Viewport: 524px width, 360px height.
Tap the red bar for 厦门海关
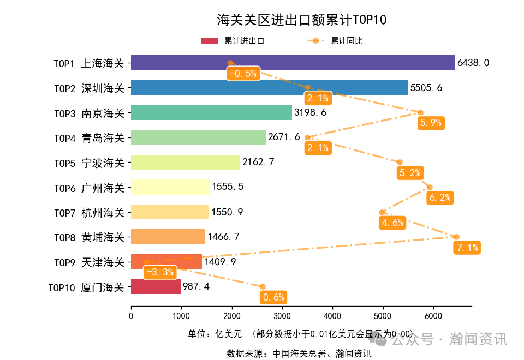coord(156,286)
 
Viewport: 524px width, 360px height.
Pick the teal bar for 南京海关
coord(211,112)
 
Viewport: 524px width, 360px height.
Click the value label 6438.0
coord(473,63)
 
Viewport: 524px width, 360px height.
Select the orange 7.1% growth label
coord(467,248)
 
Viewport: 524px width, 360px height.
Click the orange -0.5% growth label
coord(243,74)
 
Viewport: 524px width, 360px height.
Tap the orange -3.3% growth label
coord(160,272)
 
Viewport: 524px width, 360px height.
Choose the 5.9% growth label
coord(430,123)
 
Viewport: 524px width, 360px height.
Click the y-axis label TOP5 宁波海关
coord(89,163)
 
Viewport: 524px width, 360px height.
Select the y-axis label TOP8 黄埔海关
coord(89,237)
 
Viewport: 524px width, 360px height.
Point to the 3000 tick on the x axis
coord(282,315)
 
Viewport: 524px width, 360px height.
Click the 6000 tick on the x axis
coord(433,315)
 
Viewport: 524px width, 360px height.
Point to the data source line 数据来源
coord(299,353)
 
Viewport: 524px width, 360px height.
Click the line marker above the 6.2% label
coord(430,187)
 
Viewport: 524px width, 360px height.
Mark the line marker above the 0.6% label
coord(263,286)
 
